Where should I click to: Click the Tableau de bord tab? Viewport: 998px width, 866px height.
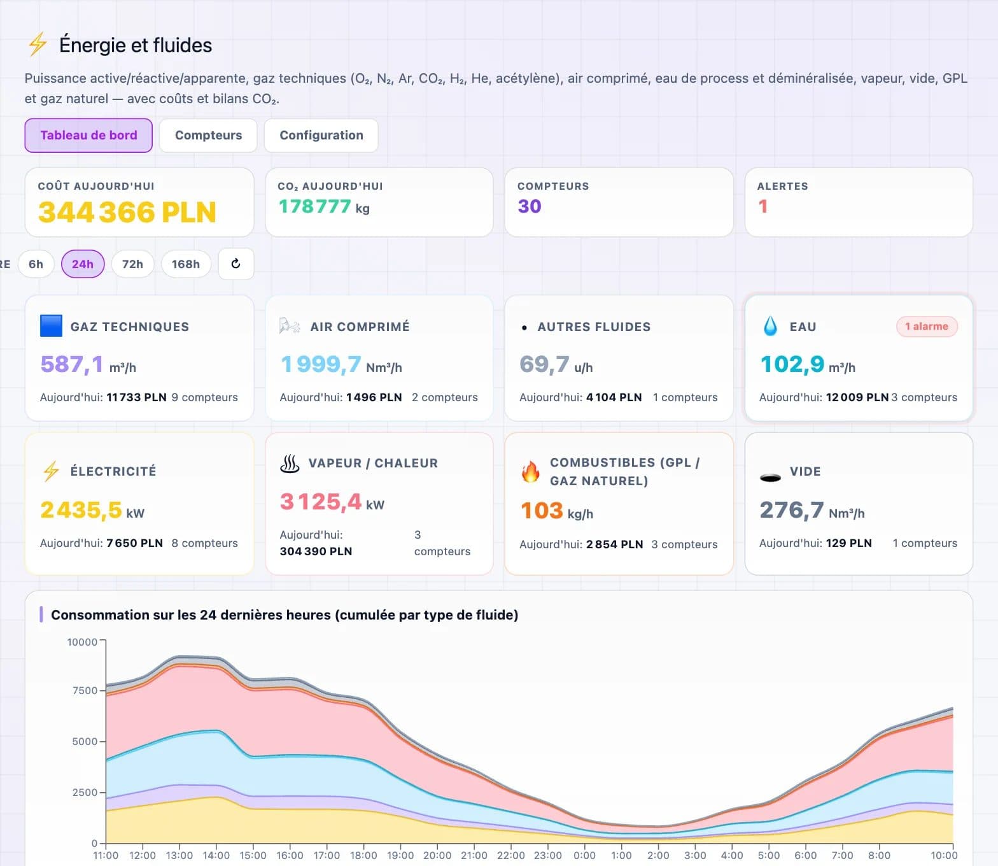click(x=88, y=136)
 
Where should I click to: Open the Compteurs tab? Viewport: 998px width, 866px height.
click(x=208, y=136)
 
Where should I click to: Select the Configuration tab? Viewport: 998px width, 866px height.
click(x=321, y=136)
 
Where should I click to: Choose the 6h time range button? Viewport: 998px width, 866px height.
click(x=36, y=264)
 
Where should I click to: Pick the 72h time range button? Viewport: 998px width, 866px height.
click(x=132, y=264)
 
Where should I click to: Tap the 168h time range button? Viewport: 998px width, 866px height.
click(x=186, y=264)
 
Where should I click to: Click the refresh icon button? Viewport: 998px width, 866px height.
click(x=236, y=264)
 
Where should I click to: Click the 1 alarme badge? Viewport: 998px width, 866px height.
click(x=927, y=327)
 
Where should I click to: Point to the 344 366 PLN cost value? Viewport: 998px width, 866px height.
click(x=127, y=212)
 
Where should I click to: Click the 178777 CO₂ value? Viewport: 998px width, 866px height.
click(x=315, y=206)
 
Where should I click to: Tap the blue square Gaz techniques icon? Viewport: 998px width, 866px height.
click(x=51, y=326)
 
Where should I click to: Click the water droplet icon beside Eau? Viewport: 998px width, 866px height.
click(x=770, y=326)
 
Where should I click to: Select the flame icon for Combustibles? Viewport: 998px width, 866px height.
click(x=530, y=472)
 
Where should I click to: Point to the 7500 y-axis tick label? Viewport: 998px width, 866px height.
click(x=85, y=690)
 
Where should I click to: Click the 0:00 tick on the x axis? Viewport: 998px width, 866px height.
click(x=584, y=855)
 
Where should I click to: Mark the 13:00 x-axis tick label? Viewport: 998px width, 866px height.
click(x=179, y=855)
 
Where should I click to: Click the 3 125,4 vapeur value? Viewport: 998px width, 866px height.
click(x=321, y=502)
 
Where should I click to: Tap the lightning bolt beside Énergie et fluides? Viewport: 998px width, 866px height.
click(x=38, y=45)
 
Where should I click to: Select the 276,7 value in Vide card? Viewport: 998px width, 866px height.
click(x=792, y=510)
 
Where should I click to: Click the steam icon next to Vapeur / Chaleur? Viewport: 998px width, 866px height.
click(x=290, y=464)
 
